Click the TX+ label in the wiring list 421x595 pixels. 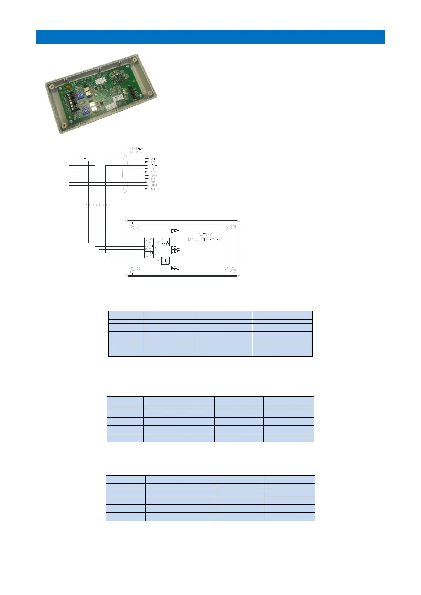(x=154, y=165)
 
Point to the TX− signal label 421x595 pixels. (x=154, y=169)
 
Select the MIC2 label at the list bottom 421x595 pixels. (x=154, y=189)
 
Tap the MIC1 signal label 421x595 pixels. (x=154, y=179)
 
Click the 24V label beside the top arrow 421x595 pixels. (x=154, y=159)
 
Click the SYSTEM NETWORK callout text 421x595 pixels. (x=138, y=150)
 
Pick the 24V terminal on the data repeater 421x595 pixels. (x=149, y=240)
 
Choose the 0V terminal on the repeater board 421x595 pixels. (x=149, y=243)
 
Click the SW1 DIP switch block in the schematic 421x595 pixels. (x=165, y=242)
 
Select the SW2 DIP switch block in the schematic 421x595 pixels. (x=165, y=261)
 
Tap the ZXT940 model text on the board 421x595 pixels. (x=205, y=235)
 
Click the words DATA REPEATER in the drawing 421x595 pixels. (x=205, y=239)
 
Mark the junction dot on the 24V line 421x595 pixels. (x=85, y=159)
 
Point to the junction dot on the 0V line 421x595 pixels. (x=88, y=162)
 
